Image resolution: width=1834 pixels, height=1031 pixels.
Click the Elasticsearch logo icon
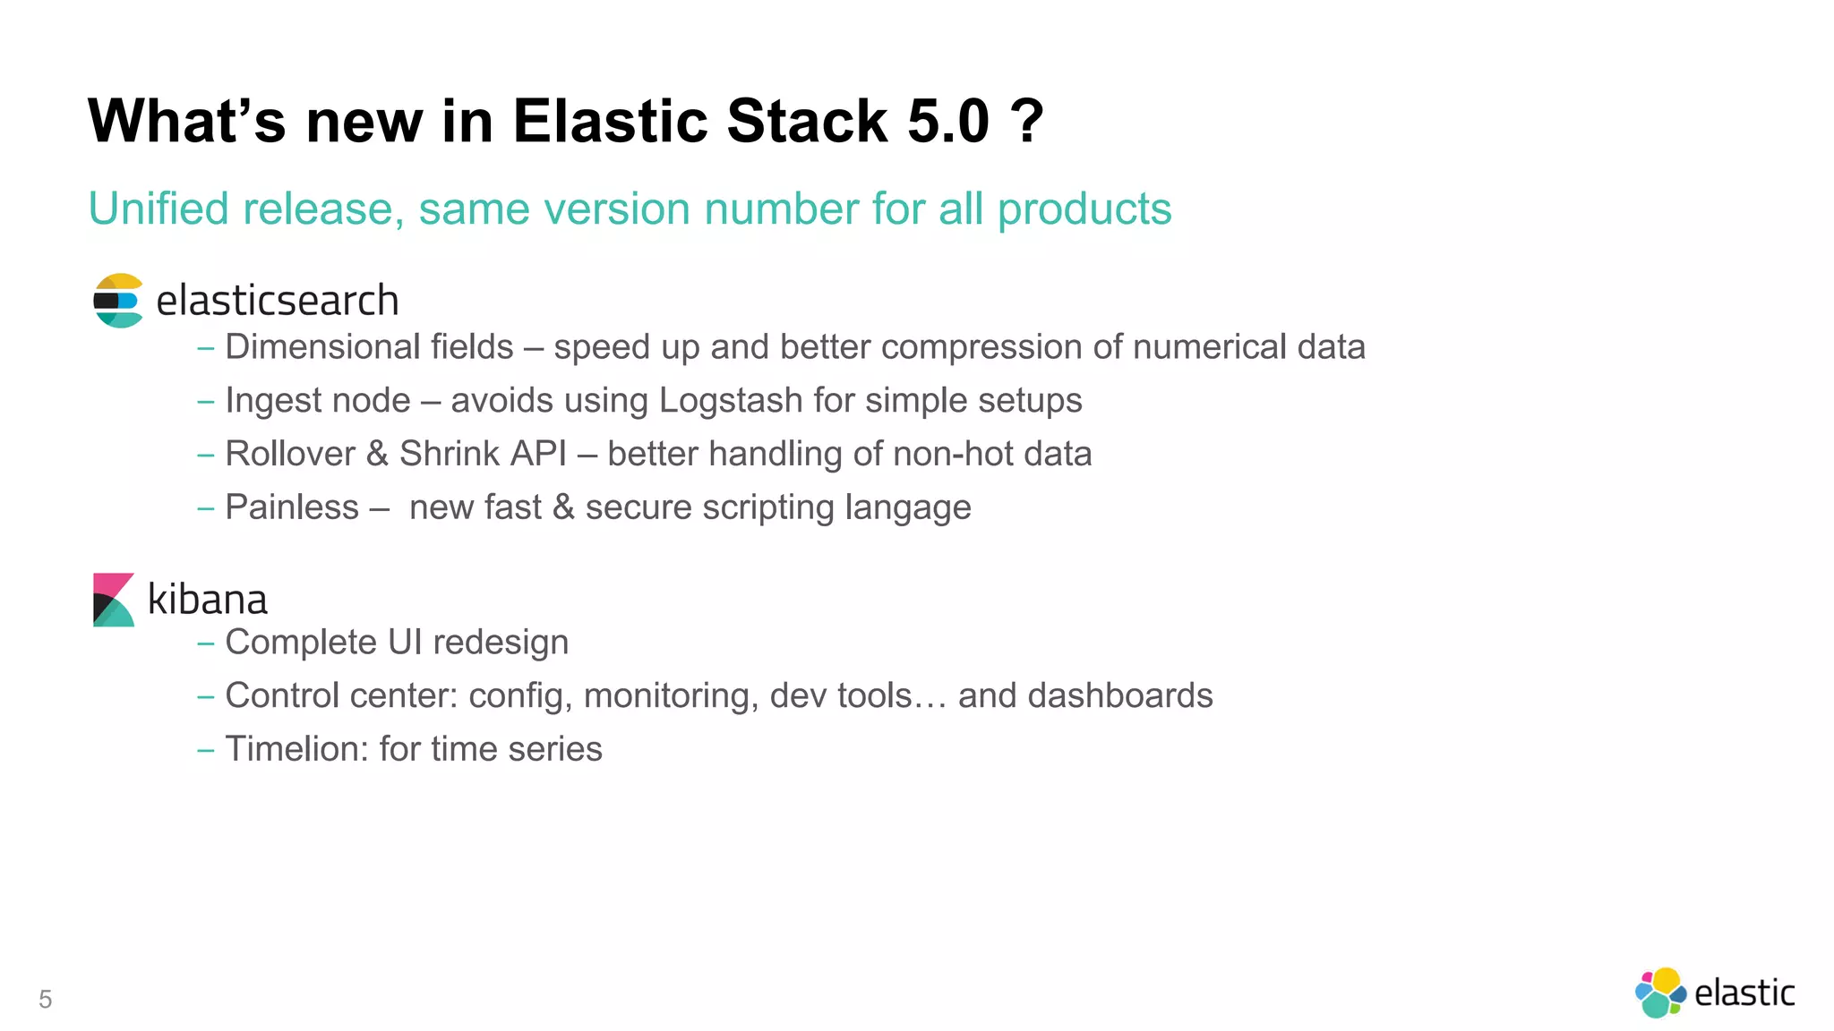(x=117, y=301)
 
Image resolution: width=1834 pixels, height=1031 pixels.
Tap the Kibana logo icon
(x=114, y=600)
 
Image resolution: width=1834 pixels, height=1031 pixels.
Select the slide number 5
(x=46, y=1000)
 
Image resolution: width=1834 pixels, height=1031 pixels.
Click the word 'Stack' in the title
(x=807, y=121)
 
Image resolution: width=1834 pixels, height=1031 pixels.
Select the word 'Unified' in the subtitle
(x=159, y=209)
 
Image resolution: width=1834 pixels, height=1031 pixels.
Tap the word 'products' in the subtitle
(x=1084, y=209)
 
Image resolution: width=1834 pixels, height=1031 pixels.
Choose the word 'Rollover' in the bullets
(x=290, y=454)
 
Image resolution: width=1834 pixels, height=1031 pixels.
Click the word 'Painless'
(x=292, y=507)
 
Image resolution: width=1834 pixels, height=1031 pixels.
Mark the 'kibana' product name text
(x=207, y=600)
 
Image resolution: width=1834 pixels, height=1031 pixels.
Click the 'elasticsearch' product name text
(x=277, y=301)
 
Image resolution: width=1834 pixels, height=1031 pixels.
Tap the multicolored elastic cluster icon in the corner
(x=1660, y=993)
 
